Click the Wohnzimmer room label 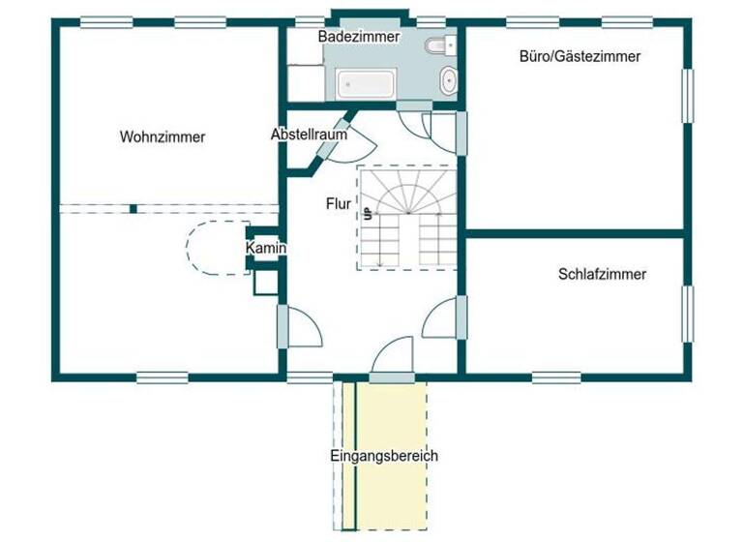(163, 137)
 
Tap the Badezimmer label (359, 36)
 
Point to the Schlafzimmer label (602, 275)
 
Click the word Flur (338, 204)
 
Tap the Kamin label (265, 250)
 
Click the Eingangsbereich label (384, 456)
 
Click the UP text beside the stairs (368, 215)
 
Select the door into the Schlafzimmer (441, 319)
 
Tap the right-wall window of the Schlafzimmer (688, 315)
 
